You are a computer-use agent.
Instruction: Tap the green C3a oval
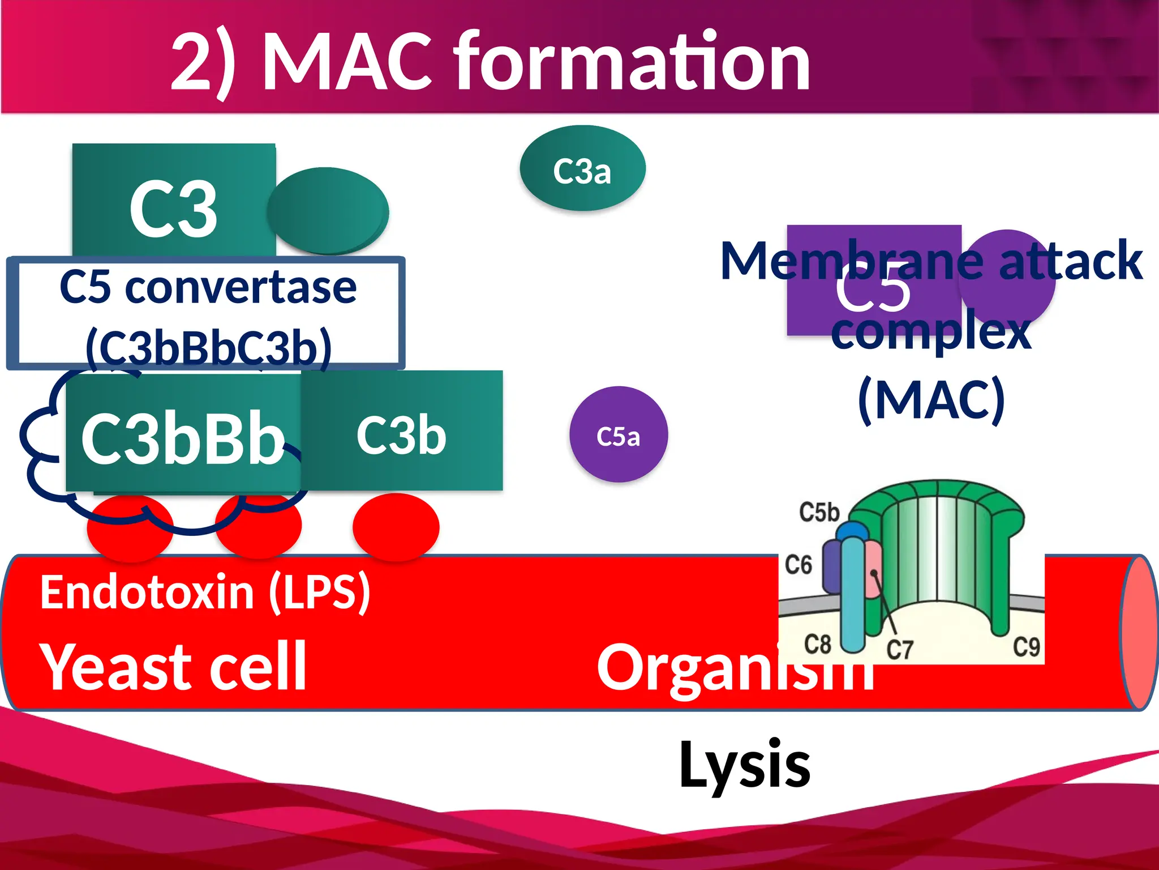click(582, 169)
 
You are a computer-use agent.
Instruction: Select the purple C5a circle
click(618, 435)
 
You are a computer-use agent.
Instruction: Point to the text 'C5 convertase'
click(208, 288)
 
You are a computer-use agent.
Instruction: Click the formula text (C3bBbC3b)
click(208, 347)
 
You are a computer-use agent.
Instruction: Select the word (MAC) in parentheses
click(931, 400)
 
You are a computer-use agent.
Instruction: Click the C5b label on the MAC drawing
click(818, 512)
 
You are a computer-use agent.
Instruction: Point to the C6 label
click(798, 565)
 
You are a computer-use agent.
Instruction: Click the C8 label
click(817, 645)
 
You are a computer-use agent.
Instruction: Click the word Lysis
click(744, 765)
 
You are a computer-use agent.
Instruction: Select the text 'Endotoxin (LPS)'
click(205, 592)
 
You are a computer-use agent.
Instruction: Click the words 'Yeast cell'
click(173, 667)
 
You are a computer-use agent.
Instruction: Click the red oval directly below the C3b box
click(396, 527)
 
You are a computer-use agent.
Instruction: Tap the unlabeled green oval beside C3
click(327, 211)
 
